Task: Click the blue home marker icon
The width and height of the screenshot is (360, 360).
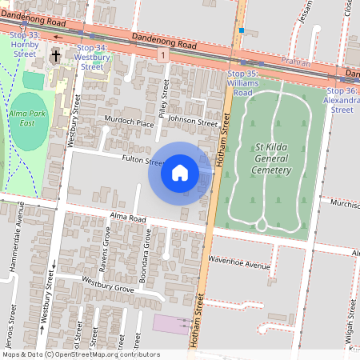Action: [x=180, y=173]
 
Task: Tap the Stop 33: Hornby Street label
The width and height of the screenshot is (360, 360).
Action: [x=25, y=42]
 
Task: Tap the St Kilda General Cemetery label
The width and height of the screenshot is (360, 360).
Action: [x=270, y=158]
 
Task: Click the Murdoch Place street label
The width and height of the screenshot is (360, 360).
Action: [x=129, y=122]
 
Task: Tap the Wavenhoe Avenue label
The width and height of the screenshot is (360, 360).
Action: [x=239, y=263]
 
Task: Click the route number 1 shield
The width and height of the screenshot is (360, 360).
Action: [x=162, y=55]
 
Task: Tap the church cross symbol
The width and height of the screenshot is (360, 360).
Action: [x=56, y=56]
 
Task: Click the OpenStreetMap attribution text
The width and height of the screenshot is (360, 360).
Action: [x=80, y=354]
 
